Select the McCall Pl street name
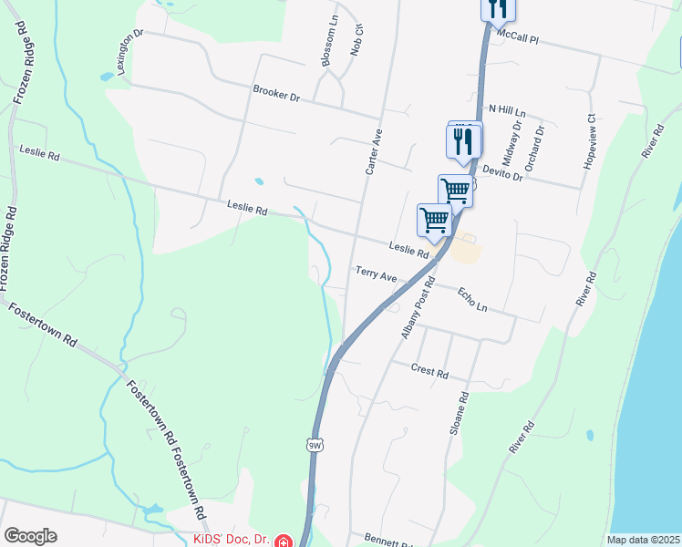[x=518, y=36]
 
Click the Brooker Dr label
[x=276, y=94]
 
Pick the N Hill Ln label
[x=507, y=108]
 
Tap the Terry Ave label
[x=377, y=273]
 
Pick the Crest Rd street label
[x=429, y=372]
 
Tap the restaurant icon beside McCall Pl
[x=497, y=8]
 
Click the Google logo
[x=30, y=535]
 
